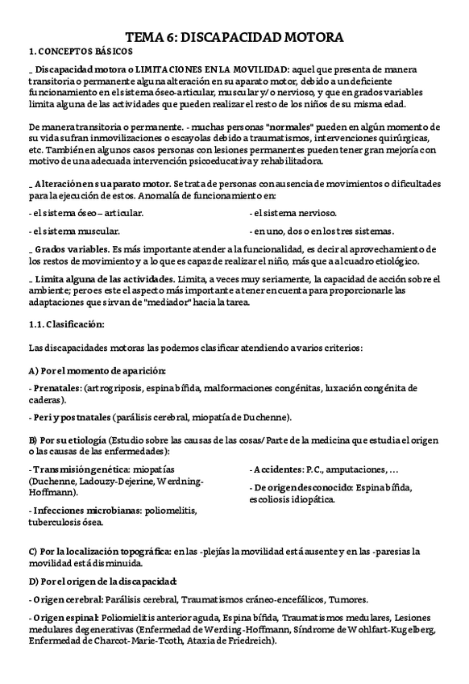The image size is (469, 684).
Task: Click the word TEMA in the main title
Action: (x=147, y=37)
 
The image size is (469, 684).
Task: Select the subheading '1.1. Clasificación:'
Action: (x=64, y=324)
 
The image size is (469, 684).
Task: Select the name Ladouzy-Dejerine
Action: (x=117, y=481)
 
